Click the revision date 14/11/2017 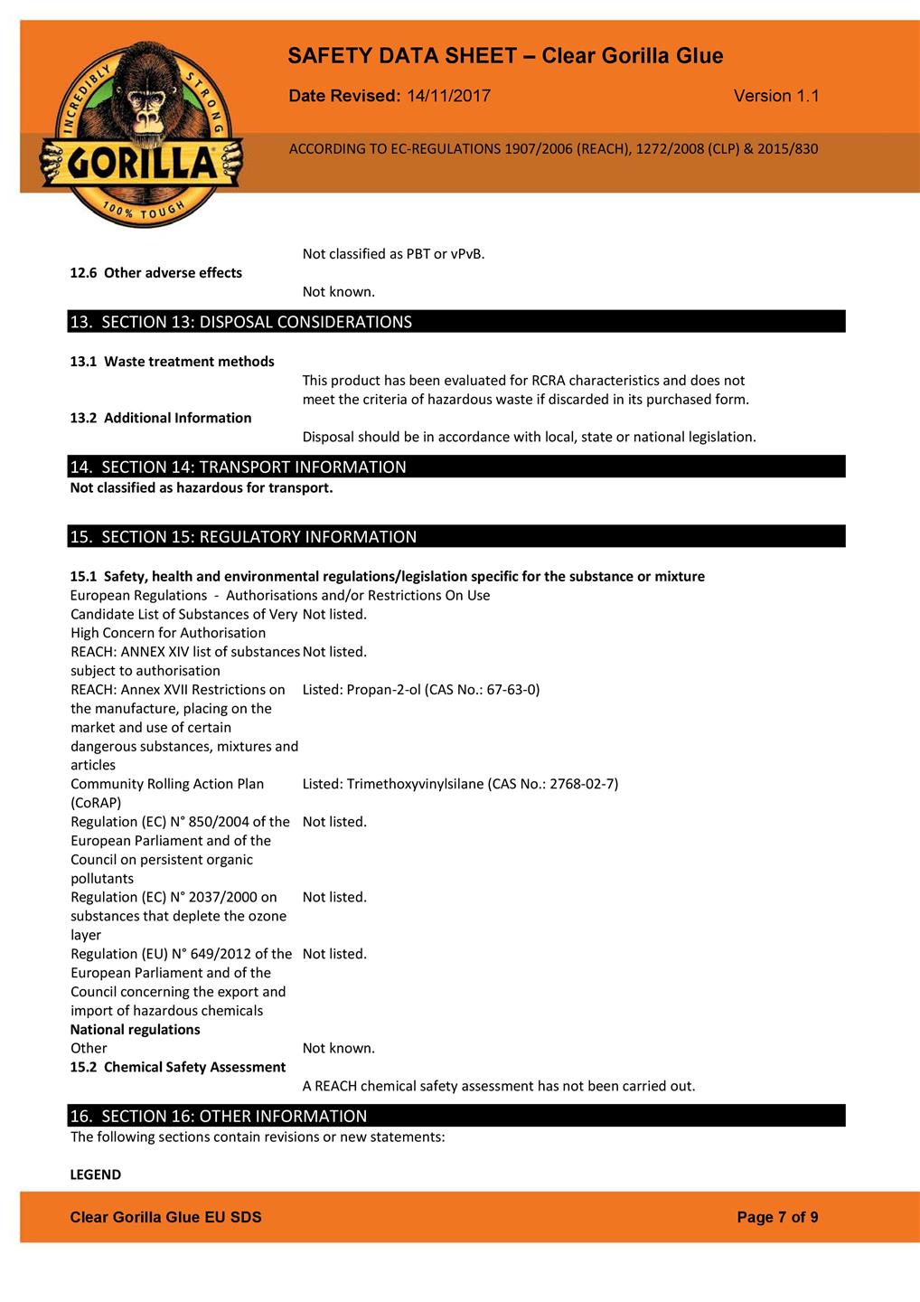448,96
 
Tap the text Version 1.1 776,96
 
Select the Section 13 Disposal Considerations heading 241,322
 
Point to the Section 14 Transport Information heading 239,467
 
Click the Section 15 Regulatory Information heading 244,537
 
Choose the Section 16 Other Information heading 219,1116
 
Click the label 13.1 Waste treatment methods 173,362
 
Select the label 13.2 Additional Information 161,418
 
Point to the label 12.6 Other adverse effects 156,273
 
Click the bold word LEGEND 96,1175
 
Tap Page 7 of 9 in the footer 777,1217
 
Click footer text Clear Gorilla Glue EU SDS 166,1217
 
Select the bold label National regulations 136,1030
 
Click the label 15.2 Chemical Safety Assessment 178,1067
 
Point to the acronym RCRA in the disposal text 548,381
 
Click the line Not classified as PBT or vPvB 394,254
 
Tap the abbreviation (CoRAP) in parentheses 96,803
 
